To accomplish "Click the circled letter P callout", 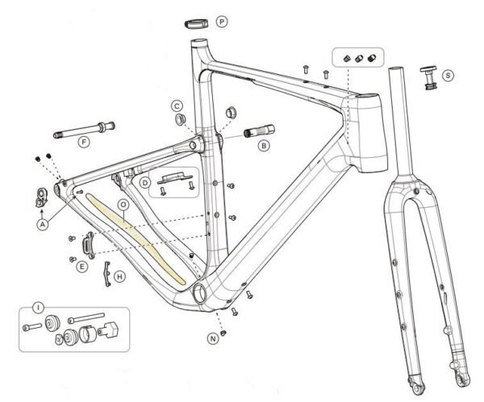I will tap(222, 20).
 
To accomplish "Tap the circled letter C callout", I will tap(176, 105).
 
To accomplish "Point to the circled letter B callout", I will tap(263, 146).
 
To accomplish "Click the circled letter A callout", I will tap(42, 225).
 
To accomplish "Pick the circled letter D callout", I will tap(145, 184).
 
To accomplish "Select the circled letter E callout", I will tap(82, 266).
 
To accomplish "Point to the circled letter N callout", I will tap(212, 339).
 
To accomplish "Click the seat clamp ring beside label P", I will tap(198, 20).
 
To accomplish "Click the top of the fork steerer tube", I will tap(394, 70).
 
